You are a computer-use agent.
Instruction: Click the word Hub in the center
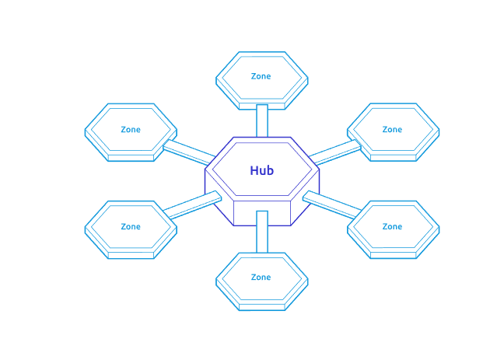coord(261,170)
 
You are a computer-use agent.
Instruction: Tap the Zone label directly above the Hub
coord(261,76)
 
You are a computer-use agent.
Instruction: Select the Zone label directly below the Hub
coord(261,277)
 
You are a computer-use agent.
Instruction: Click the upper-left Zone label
coord(131,129)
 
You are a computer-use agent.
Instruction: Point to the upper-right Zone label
coord(392,129)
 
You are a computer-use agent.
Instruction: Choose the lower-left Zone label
coord(131,226)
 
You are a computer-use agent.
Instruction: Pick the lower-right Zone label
coord(392,226)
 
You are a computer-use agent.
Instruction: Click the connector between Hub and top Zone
coord(262,120)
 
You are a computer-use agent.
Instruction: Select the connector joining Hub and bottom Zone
coord(262,231)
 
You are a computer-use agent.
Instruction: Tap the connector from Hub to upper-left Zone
coord(187,151)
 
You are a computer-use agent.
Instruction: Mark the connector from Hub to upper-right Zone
coord(336,152)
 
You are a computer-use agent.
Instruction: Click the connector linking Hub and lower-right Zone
coord(333,204)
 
